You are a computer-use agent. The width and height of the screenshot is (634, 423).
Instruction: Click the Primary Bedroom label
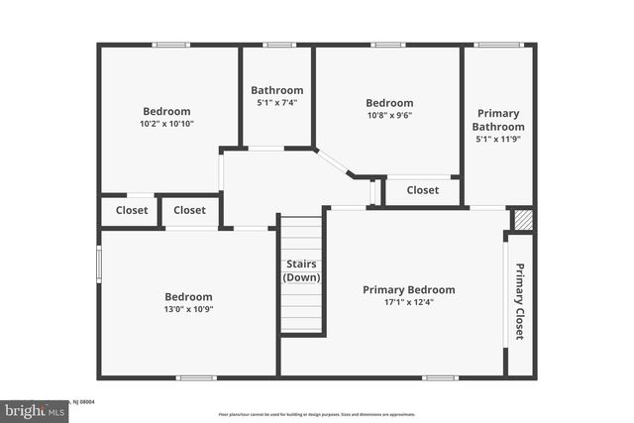408,289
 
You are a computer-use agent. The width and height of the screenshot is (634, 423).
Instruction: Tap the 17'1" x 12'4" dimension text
408,302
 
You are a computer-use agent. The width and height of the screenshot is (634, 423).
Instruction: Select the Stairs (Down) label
301,270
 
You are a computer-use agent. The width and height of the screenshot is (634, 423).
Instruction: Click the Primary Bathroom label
497,120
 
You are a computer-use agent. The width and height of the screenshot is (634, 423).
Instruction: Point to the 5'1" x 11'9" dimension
497,140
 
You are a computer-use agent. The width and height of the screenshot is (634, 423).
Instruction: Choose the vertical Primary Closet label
518,303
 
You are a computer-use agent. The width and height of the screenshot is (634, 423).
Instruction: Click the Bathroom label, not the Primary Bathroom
276,89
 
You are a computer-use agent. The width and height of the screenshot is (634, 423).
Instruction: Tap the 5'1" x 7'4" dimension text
276,102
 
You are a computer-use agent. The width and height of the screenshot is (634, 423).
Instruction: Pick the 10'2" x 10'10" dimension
166,124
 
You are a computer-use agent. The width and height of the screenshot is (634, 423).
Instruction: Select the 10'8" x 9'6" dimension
389,115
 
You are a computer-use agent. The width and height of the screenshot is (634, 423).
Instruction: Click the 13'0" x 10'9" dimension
188,309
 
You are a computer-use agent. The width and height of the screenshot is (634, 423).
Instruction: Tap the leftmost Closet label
132,210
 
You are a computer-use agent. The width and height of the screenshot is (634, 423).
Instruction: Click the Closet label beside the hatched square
423,190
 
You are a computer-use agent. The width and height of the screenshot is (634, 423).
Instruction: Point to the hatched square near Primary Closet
522,220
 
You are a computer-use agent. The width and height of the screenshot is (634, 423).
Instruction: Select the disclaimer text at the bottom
317,415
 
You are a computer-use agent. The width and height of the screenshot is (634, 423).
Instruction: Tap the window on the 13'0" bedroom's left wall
99,264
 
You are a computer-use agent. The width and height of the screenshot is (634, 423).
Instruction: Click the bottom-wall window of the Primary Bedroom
439,376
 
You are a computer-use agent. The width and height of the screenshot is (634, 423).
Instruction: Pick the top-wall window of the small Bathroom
279,45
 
